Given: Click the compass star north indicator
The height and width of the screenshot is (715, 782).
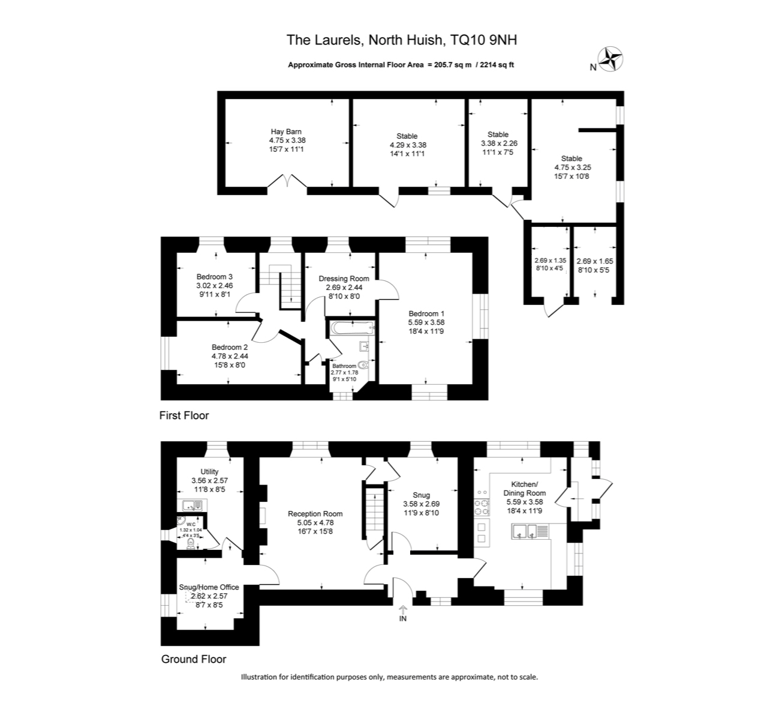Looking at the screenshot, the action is pos(612,59).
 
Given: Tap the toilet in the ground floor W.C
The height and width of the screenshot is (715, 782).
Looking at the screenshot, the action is pos(191,543).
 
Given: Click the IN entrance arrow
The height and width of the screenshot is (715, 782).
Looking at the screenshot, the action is pos(402,614).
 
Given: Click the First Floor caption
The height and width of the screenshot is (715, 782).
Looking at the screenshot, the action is pos(184,415).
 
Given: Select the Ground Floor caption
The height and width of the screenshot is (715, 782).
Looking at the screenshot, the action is pos(194,659).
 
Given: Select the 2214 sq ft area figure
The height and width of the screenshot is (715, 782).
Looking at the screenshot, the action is pos(495,65).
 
